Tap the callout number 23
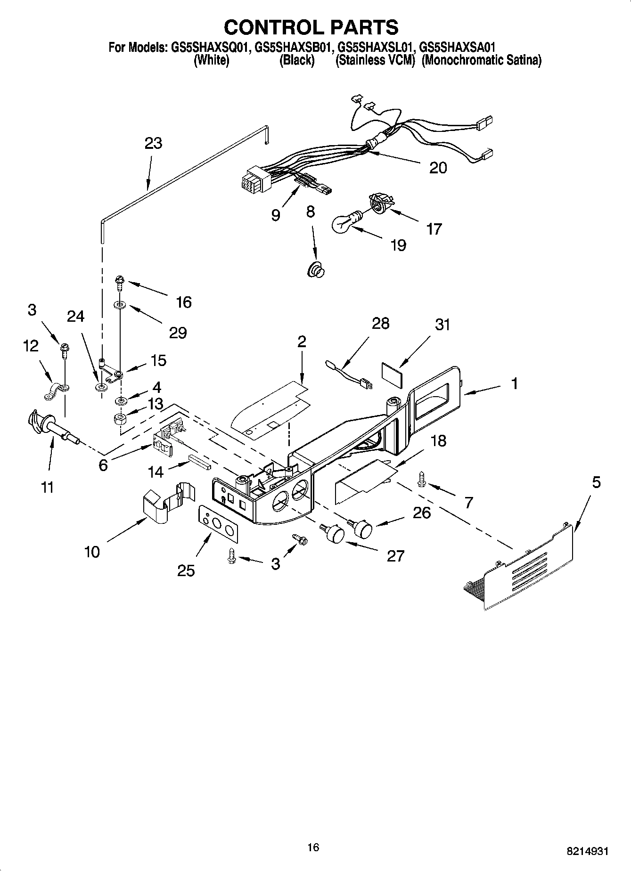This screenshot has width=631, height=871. tap(154, 143)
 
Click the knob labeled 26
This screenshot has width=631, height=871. tap(363, 528)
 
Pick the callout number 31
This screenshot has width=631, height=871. tap(442, 325)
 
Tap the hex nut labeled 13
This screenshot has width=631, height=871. tap(121, 418)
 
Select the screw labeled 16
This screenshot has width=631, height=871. tap(118, 284)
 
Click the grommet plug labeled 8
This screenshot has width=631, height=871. tap(316, 271)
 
